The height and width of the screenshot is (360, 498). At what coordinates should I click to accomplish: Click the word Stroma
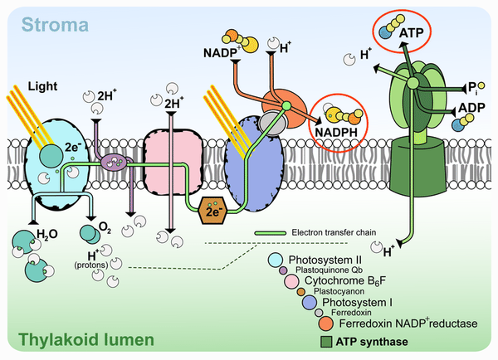[55, 25]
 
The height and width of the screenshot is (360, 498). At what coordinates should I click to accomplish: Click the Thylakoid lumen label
[86, 340]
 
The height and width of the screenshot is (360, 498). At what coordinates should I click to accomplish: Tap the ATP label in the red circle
[412, 32]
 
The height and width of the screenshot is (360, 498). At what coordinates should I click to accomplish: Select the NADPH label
[336, 132]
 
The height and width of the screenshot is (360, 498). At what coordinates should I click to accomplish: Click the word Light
[42, 86]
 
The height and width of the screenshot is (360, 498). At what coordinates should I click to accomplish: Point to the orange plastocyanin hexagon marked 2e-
[212, 210]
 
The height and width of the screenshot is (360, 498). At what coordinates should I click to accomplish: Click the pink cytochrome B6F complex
[173, 161]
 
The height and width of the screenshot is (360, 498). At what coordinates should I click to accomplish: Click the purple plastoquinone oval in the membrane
[114, 162]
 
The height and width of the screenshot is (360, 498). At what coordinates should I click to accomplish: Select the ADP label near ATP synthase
[471, 108]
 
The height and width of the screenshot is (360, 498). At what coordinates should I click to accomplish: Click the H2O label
[47, 234]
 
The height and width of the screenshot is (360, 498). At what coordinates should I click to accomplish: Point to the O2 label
[105, 227]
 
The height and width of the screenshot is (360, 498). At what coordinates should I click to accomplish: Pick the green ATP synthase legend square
[326, 342]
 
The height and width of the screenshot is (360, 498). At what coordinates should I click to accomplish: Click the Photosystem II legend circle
[276, 260]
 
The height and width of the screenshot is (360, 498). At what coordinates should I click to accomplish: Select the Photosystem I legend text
[357, 302]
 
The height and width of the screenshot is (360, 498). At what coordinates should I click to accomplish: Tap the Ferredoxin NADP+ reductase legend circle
[326, 324]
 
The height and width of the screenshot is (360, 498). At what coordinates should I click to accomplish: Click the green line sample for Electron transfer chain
[270, 233]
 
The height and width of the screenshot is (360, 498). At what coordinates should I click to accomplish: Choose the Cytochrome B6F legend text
[345, 280]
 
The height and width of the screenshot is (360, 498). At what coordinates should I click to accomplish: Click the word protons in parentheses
[91, 265]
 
